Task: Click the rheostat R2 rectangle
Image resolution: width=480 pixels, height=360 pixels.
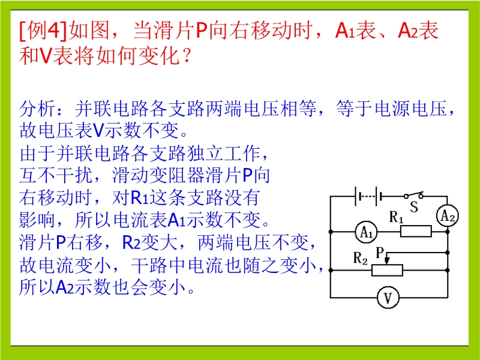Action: [x=387, y=271]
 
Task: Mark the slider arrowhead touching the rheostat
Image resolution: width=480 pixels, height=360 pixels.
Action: [x=387, y=261]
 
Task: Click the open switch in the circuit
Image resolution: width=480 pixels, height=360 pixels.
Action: [x=413, y=195]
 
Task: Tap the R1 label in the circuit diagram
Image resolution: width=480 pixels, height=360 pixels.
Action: [x=397, y=217]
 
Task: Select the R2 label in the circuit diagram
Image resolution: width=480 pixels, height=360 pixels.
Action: [x=361, y=258]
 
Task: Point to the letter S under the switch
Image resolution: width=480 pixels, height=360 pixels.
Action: [x=414, y=206]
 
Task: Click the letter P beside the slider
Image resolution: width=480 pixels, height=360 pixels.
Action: [x=380, y=253]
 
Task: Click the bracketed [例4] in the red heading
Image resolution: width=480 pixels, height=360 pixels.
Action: [x=43, y=31]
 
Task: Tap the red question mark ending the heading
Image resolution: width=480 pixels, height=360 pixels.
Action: [x=187, y=56]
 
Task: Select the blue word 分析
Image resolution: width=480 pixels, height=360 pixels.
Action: [x=38, y=109]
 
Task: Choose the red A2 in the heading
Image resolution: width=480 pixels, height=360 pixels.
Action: [x=408, y=31]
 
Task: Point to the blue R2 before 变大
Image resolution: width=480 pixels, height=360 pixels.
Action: [x=131, y=242]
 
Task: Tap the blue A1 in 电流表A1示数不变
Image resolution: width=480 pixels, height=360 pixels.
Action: [x=176, y=220]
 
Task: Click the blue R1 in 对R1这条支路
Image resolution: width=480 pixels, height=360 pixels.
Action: [x=139, y=197]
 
